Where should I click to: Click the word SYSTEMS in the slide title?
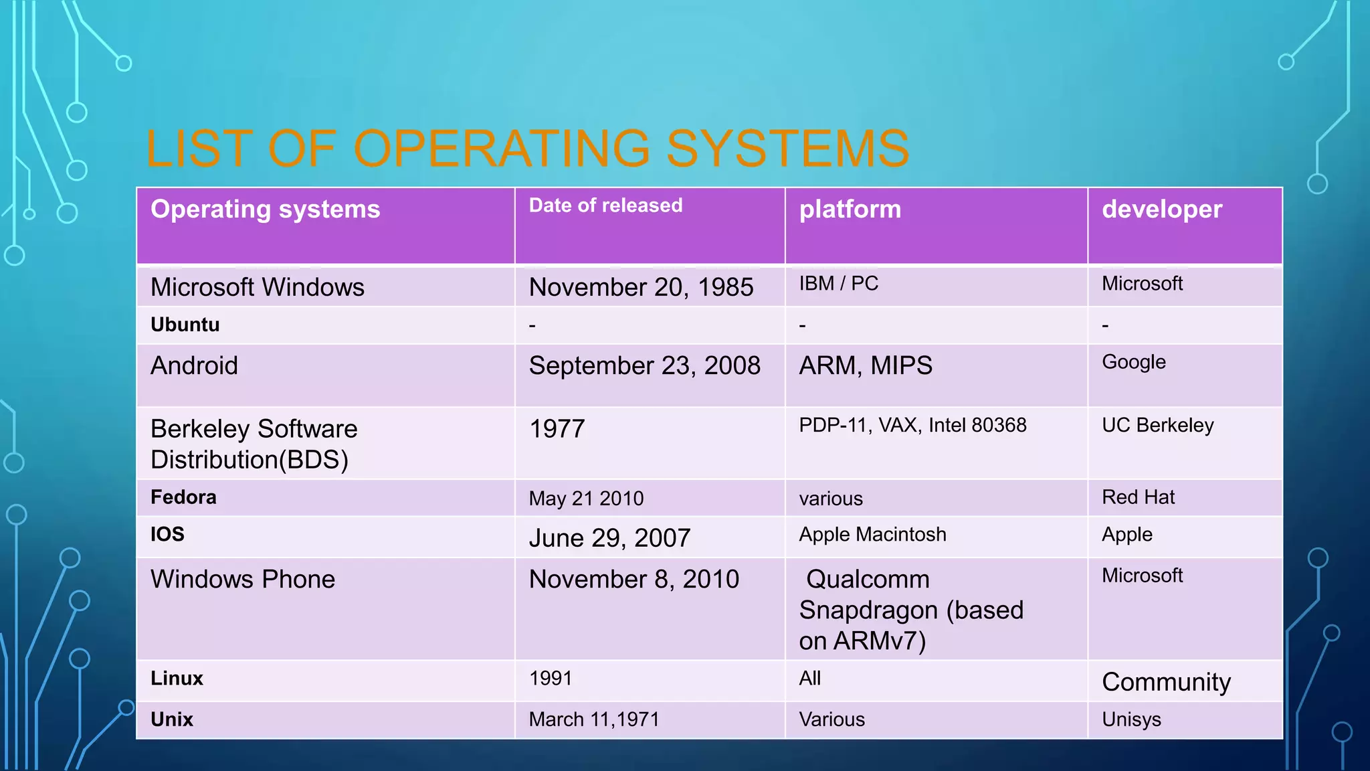point(787,149)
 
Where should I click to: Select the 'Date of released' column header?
point(605,205)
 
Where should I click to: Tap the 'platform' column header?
point(850,209)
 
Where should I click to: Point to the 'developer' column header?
point(1161,209)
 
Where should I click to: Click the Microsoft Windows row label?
point(258,287)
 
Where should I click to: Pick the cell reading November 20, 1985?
point(641,287)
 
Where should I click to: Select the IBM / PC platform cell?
point(838,284)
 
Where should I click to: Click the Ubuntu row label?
point(185,325)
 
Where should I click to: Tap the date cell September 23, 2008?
point(644,365)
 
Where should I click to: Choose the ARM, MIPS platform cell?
point(865,365)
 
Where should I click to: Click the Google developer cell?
point(1133,362)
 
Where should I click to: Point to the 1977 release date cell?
point(557,428)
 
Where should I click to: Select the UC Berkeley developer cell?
point(1157,425)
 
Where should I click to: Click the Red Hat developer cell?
point(1138,497)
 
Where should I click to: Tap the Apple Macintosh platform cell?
point(872,534)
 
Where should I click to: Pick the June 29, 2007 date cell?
point(609,538)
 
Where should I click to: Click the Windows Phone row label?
point(243,579)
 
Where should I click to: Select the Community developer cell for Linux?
point(1166,682)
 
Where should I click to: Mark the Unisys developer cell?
point(1131,719)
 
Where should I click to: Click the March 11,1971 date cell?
point(594,719)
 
